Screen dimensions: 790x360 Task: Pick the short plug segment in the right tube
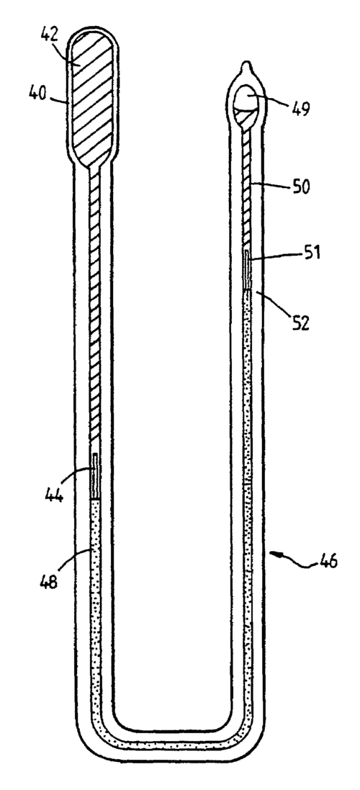pos(248,270)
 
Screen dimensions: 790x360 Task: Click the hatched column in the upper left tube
pos(96,310)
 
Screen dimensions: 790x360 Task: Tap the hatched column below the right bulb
pos(248,187)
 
